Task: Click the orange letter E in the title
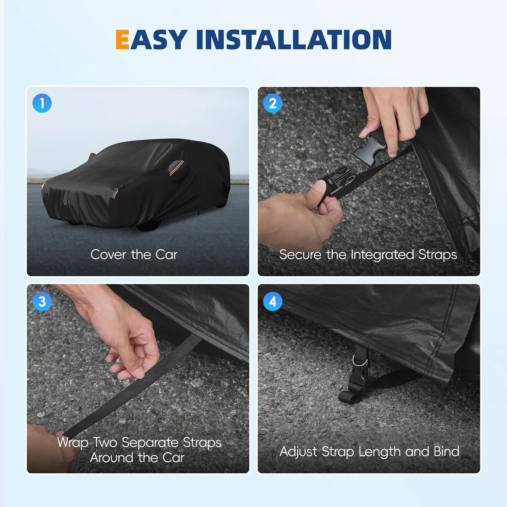click(122, 40)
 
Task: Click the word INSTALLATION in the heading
click(294, 40)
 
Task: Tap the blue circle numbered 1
click(42, 103)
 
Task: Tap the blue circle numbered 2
click(273, 103)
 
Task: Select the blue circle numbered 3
click(42, 301)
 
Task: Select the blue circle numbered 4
click(273, 301)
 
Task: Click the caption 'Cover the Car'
click(134, 254)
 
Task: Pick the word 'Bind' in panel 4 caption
click(446, 451)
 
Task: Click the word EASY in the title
click(151, 40)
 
